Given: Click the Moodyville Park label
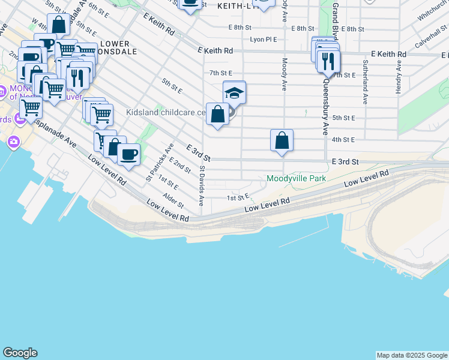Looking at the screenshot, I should point(296,179).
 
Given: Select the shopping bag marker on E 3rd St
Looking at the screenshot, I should point(282,141).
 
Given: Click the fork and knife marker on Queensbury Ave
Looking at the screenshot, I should point(328,61).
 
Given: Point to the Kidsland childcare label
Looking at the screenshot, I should point(164,112).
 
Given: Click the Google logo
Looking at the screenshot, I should point(20,353).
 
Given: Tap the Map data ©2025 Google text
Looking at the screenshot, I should point(411,355).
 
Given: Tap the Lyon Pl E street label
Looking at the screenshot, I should point(264,40).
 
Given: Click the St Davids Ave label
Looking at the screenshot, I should point(202,185).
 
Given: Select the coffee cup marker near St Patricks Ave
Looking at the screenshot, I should point(128,155).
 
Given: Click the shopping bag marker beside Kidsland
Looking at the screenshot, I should point(217,114).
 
